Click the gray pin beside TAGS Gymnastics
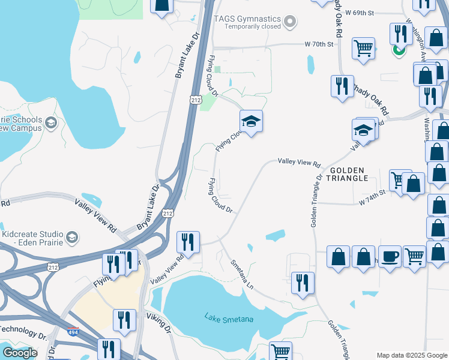291,22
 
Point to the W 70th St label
319,44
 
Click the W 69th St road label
360,12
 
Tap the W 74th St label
371,203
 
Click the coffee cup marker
389,256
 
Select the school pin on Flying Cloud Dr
251,121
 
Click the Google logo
20,352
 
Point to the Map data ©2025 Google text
411,355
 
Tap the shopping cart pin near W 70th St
363,47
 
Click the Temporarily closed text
252,27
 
